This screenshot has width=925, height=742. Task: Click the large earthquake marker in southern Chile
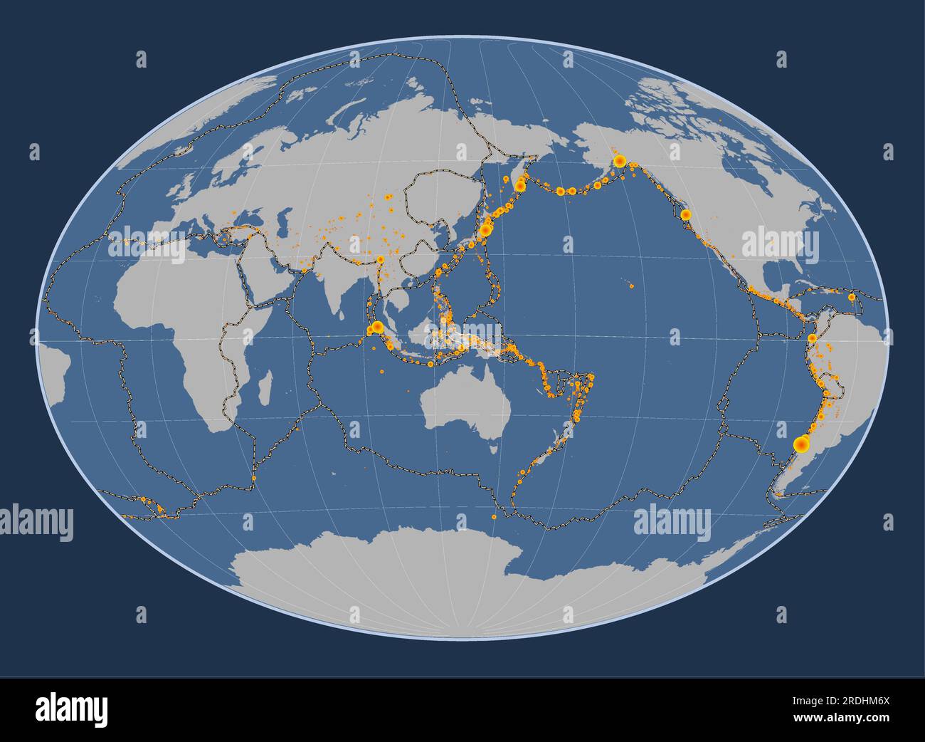(801, 445)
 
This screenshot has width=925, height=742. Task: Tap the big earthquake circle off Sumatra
(376, 328)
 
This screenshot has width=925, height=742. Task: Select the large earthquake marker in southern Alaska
(619, 161)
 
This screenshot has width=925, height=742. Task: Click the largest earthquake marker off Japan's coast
(487, 229)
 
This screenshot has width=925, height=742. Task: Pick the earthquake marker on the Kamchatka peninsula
(520, 185)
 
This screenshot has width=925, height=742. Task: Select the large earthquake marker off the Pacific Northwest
(686, 214)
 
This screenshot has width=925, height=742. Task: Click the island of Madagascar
(263, 387)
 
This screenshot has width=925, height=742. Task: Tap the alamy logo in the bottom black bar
(71, 709)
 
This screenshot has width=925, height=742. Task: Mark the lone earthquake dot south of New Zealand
(494, 516)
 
